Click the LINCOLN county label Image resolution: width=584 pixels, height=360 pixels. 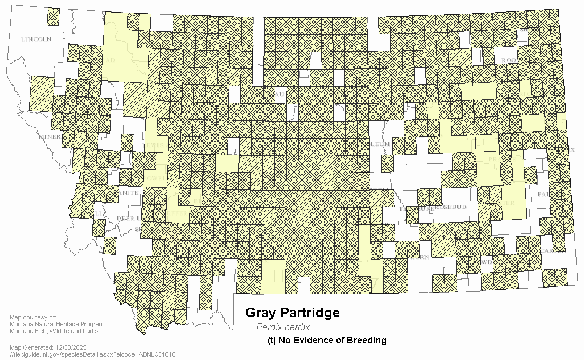36,39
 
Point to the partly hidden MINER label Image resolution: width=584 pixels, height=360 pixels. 50,137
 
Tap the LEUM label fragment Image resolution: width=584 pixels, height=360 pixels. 380,144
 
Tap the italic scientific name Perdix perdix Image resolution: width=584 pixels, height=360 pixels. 283,327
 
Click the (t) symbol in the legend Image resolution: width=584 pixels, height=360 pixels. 271,340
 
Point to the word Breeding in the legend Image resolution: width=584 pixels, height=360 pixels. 367,340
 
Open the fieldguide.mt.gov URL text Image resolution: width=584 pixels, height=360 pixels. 92,354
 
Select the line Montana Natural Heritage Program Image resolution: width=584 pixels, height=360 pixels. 56,324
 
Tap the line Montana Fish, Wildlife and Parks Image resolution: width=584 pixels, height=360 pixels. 54,331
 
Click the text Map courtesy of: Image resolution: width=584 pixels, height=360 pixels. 33,317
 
